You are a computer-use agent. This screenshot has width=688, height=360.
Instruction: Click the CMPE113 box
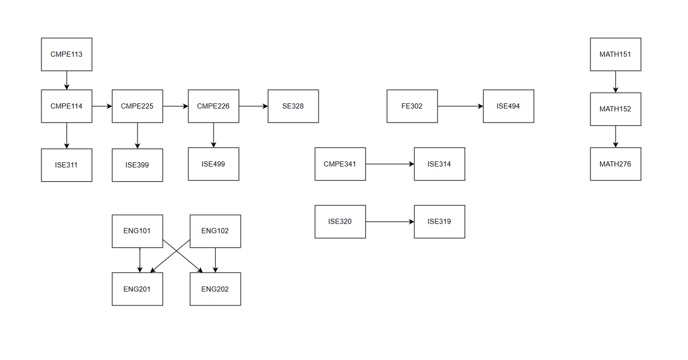67,54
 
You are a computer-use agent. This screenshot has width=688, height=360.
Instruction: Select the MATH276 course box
616,164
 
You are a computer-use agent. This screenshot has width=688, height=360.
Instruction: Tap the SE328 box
293,106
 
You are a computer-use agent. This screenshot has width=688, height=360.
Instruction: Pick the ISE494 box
509,106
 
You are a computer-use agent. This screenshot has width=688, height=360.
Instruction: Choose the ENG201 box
137,289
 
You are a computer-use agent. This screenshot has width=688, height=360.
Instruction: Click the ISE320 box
340,222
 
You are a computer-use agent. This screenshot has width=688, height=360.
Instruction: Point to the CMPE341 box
340,164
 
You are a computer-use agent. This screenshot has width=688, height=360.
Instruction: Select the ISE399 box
137,165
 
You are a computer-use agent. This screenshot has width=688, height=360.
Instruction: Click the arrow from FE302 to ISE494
461,106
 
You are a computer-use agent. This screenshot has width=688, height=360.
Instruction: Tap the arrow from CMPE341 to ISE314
390,164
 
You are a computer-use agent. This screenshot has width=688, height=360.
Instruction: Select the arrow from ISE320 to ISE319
390,222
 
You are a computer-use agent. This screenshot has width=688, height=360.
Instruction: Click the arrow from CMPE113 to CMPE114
67,81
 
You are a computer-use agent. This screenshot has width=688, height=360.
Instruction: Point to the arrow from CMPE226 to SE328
253,106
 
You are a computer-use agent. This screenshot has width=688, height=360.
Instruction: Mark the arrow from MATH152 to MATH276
616,137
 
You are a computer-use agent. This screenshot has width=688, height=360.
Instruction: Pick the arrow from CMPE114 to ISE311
67,136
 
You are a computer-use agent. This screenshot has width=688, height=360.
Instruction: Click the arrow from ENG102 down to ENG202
215,260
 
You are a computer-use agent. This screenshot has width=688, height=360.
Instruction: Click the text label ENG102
215,231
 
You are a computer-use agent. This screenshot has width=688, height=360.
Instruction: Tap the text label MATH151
615,54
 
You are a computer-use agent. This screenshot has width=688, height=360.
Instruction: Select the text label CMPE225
137,106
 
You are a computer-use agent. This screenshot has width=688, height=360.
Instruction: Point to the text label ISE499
213,164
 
